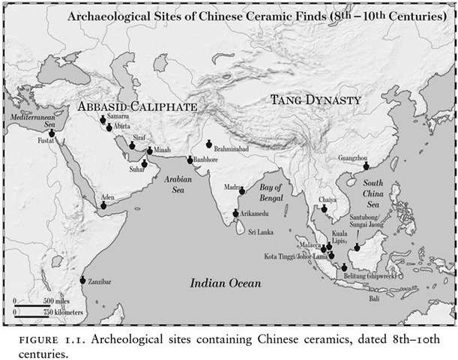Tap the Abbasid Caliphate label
(x=138, y=106)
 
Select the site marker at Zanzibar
(x=82, y=280)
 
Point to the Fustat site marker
(x=52, y=133)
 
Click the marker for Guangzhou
(x=367, y=166)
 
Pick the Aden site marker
(x=103, y=205)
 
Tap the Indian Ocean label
(x=225, y=283)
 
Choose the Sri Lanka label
(x=263, y=232)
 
